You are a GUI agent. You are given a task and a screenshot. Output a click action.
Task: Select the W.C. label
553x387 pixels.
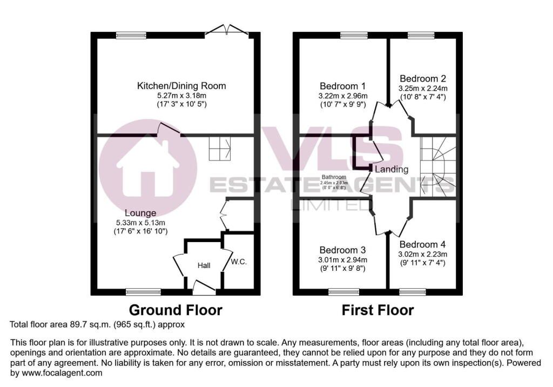click(239, 262)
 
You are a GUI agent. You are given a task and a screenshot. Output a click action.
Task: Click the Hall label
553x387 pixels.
click(204, 265)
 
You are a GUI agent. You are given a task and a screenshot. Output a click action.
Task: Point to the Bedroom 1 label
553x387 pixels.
click(343, 86)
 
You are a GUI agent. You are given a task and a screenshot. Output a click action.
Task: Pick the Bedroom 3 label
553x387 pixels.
click(342, 250)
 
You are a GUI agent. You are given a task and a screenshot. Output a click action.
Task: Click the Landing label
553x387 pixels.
click(392, 169)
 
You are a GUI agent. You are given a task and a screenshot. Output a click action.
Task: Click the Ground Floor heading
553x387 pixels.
click(176, 310)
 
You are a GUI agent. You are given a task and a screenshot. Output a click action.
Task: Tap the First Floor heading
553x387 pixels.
click(377, 310)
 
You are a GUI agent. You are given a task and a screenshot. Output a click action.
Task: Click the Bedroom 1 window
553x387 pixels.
click(354, 35)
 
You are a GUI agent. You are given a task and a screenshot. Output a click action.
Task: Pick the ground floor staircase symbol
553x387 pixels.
click(220, 148)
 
